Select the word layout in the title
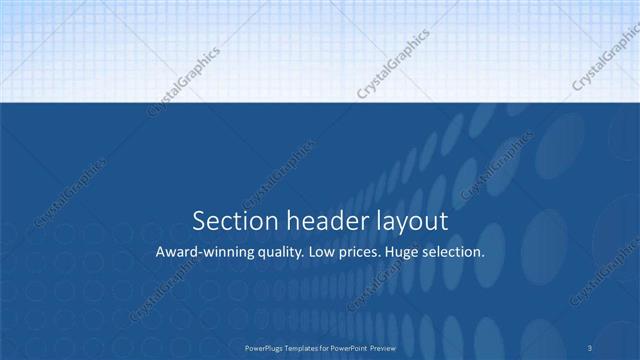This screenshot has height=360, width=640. (x=409, y=221)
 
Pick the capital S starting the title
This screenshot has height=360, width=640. (x=198, y=220)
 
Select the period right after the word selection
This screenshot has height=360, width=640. (x=484, y=256)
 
